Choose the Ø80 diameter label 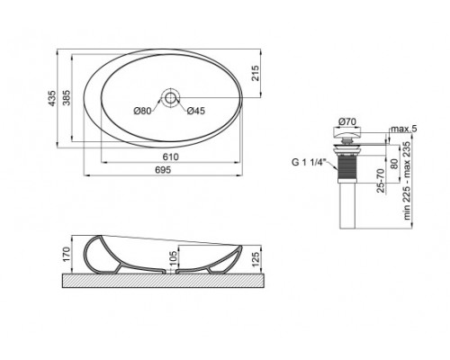tap(142, 111)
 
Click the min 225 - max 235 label tap(407, 180)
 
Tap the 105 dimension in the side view tap(173, 261)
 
